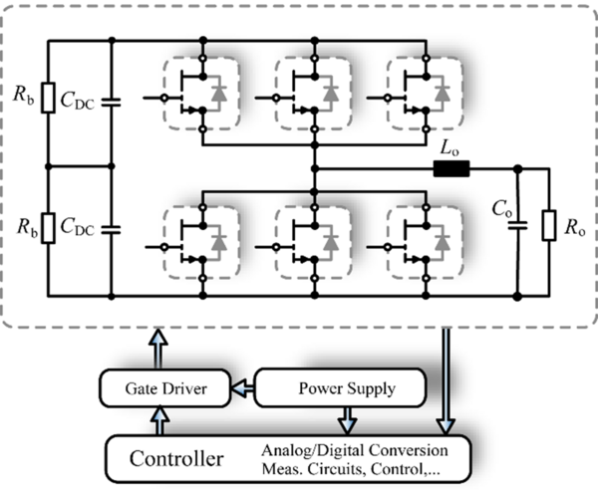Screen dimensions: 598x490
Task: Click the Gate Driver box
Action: tap(165, 388)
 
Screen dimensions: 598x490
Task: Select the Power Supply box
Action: tap(340, 387)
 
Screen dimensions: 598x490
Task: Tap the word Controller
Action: tap(176, 459)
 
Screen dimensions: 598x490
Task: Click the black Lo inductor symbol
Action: tap(451, 168)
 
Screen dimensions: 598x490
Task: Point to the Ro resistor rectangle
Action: tap(549, 225)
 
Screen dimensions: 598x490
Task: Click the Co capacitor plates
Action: tap(517, 225)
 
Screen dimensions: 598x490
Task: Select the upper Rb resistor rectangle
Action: tap(48, 98)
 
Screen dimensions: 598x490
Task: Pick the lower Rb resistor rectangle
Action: tap(48, 228)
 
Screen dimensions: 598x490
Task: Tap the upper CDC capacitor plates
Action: tap(111, 103)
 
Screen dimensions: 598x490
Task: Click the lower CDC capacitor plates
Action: tap(111, 229)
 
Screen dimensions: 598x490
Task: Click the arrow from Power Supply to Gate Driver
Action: tap(243, 388)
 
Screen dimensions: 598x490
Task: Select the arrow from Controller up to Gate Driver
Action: tap(159, 420)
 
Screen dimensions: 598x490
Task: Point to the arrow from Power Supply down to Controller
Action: tap(347, 420)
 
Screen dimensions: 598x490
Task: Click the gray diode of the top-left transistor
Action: tap(219, 94)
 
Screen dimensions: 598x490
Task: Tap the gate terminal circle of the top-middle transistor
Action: tap(276, 99)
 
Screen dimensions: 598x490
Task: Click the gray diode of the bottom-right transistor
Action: tap(443, 243)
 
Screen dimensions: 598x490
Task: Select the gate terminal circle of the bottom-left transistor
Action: tap(164, 247)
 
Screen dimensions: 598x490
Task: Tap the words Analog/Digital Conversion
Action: tap(355, 450)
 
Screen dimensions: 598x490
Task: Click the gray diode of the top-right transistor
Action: tap(443, 94)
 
